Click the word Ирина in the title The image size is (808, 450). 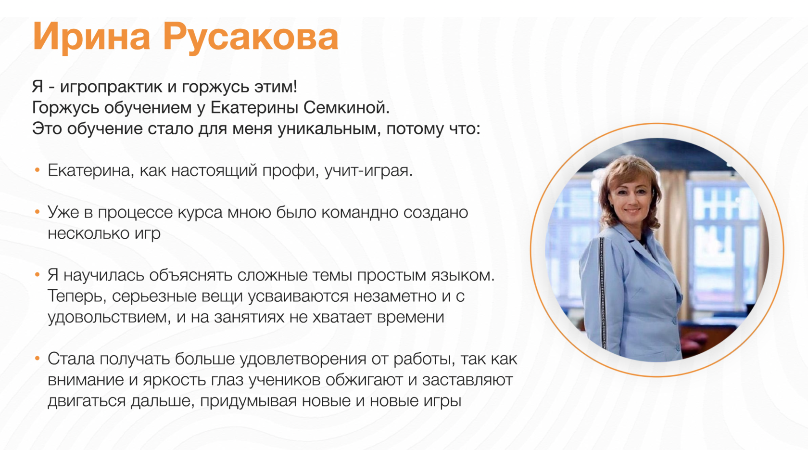pyautogui.click(x=91, y=37)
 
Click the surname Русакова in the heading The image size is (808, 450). pyautogui.click(x=251, y=38)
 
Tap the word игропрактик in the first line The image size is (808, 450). pyautogui.click(x=111, y=87)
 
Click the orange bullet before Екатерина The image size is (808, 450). pyautogui.click(x=37, y=170)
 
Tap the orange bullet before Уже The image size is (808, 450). pyautogui.click(x=37, y=212)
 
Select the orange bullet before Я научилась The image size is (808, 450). pyautogui.click(x=37, y=275)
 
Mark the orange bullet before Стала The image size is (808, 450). pyautogui.click(x=37, y=359)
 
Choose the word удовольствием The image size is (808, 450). pyautogui.click(x=108, y=317)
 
